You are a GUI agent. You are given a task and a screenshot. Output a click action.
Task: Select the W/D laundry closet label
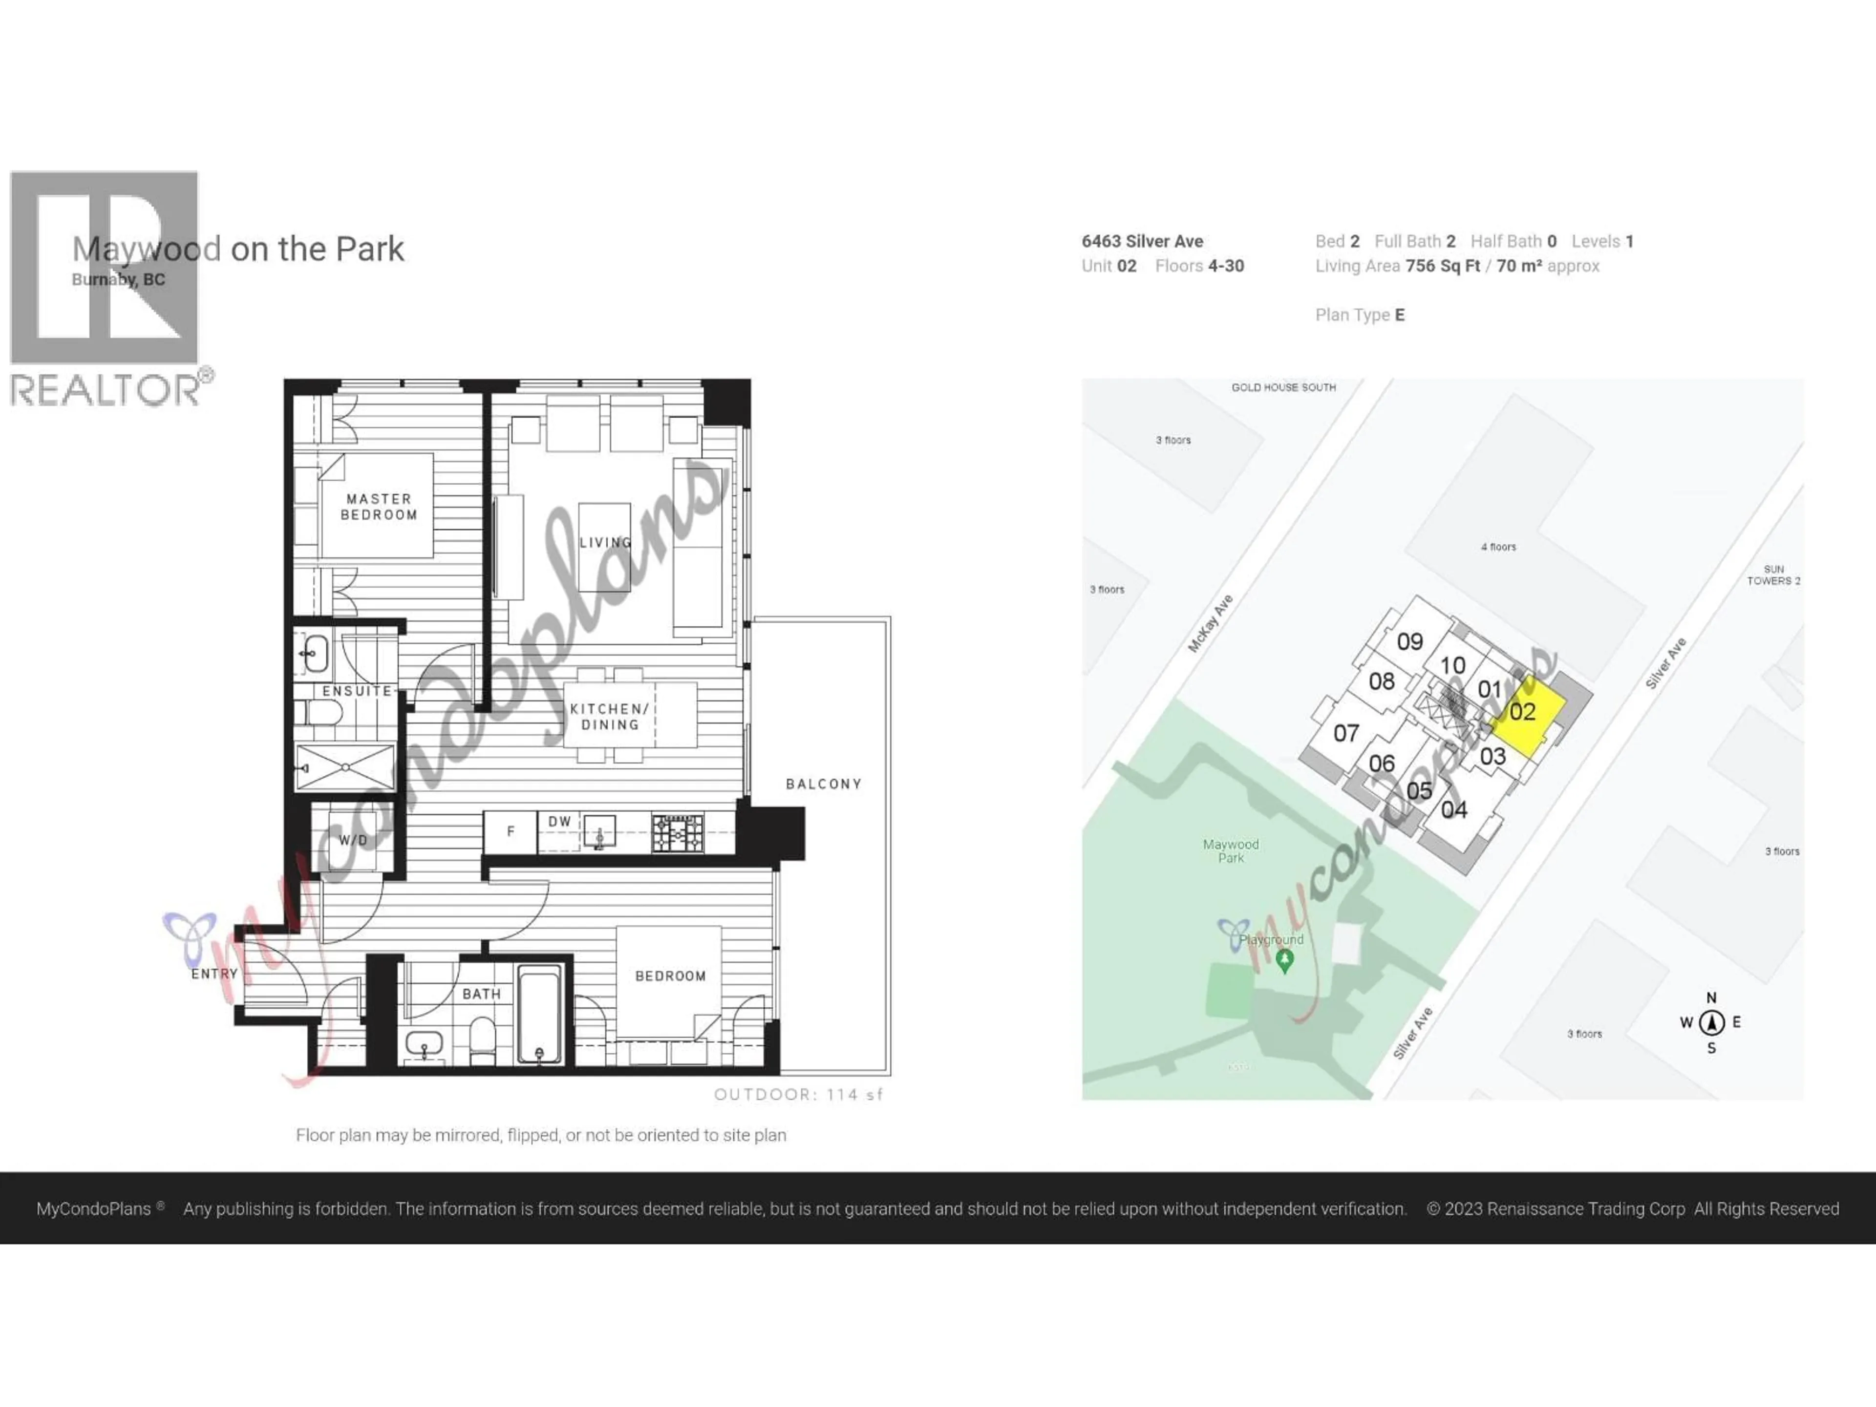coord(354,840)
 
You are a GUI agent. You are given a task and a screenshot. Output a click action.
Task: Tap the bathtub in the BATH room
coord(539,1014)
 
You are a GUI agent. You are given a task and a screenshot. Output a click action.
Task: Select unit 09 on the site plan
coord(1409,642)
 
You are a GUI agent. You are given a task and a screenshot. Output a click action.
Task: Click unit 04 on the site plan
coord(1453,810)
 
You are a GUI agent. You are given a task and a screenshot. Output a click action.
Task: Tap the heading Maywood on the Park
coord(238,249)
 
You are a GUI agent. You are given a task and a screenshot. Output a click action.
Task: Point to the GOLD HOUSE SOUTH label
coord(1283,387)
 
